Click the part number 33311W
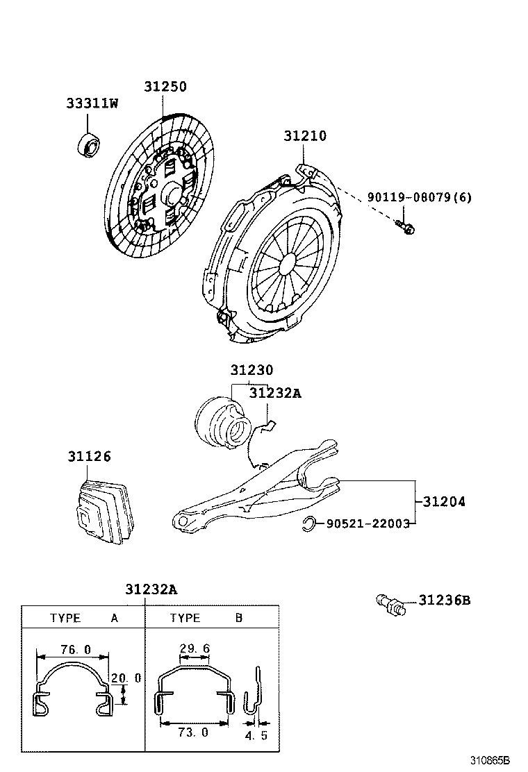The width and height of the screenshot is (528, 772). click(92, 103)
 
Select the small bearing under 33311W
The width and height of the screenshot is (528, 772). click(89, 146)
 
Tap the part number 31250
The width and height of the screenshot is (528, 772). click(165, 87)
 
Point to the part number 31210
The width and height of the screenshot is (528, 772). click(304, 136)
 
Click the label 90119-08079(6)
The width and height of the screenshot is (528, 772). click(419, 197)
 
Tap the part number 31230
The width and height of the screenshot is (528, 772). click(251, 371)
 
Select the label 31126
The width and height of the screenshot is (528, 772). click(89, 457)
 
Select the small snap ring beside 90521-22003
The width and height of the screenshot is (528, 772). click(310, 524)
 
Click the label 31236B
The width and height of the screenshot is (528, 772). click(444, 600)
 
